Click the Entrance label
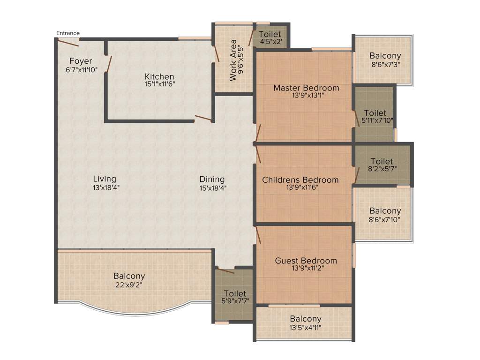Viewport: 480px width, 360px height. pyautogui.click(x=68, y=33)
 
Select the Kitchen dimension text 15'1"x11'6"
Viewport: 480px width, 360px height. pyautogui.click(x=159, y=84)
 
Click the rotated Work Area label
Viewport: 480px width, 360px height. pyautogui.click(x=234, y=60)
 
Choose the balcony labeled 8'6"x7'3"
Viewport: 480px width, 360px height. pyautogui.click(x=385, y=60)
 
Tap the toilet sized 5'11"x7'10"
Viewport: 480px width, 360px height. pyautogui.click(x=375, y=117)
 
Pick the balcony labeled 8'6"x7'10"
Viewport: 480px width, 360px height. pyautogui.click(x=385, y=215)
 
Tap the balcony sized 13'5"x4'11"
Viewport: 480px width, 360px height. pyautogui.click(x=305, y=322)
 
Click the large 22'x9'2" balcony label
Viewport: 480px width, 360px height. pyautogui.click(x=129, y=280)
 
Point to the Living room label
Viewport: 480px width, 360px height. pyautogui.click(x=105, y=182)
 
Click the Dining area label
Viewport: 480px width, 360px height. pyautogui.click(x=212, y=182)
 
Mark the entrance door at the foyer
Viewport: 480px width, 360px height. pyautogui.click(x=67, y=43)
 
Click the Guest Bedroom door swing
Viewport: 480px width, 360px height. pyautogui.click(x=258, y=234)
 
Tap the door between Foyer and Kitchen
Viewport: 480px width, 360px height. pyautogui.click(x=109, y=64)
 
